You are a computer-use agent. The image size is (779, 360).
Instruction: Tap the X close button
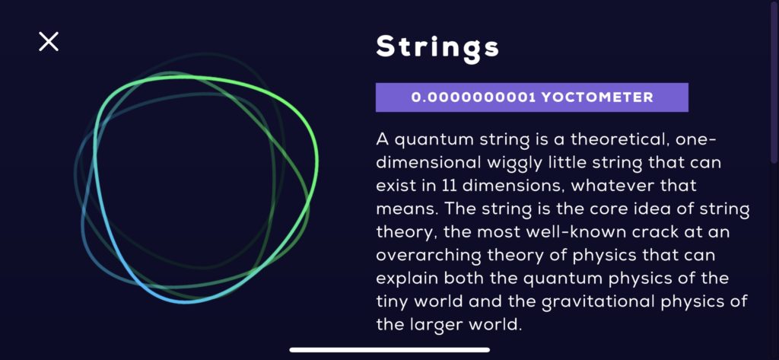click(49, 42)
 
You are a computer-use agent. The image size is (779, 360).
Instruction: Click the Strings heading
click(437, 48)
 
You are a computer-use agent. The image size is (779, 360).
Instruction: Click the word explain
click(404, 276)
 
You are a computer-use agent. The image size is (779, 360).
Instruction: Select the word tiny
click(393, 299)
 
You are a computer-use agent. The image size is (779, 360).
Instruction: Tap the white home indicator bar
click(389, 350)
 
